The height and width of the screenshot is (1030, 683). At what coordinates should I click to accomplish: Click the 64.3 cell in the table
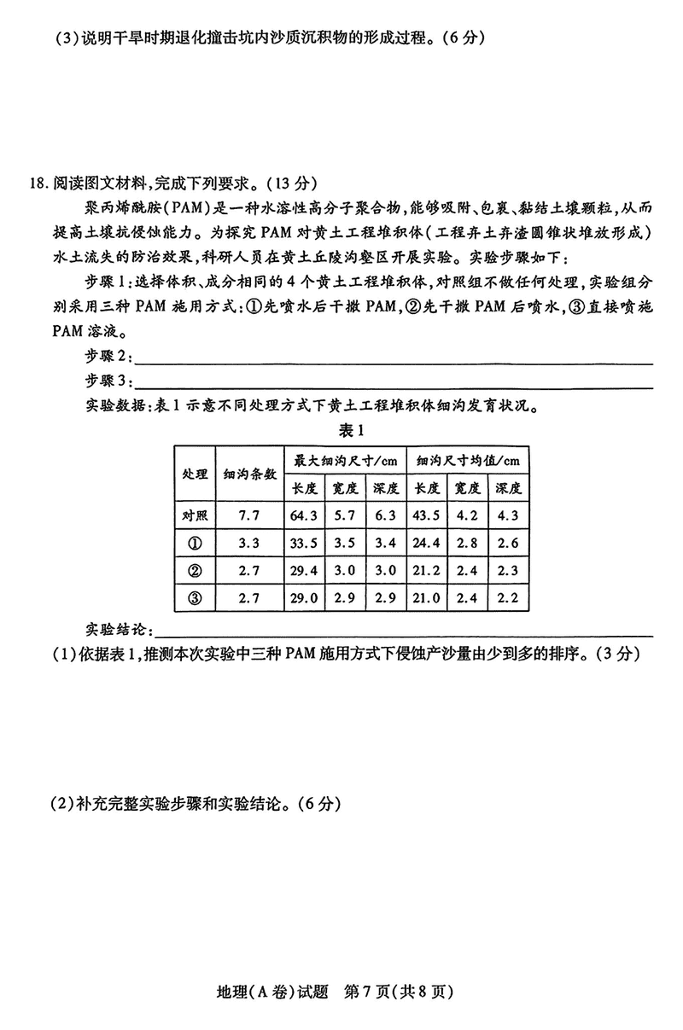point(305,515)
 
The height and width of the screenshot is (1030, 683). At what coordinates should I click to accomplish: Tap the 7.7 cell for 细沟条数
point(249,515)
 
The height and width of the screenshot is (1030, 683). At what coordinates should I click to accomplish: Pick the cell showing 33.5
point(305,543)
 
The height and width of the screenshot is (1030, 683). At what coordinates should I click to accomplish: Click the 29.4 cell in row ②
point(305,570)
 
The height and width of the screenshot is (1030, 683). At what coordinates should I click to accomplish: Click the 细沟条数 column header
point(249,474)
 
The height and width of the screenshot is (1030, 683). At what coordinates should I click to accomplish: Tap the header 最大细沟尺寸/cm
point(346,461)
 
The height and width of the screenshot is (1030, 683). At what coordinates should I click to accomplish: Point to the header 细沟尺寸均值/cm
point(467,461)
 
